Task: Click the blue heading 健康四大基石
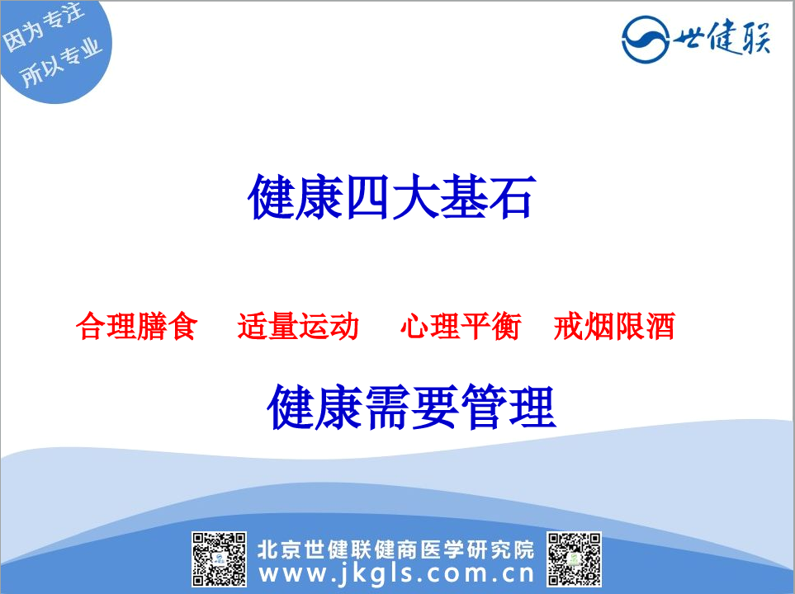click(x=391, y=197)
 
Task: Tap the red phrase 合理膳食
click(x=136, y=326)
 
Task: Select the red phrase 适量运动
click(x=298, y=326)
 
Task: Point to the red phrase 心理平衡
click(x=461, y=326)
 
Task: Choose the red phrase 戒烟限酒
click(x=614, y=326)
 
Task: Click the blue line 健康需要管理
click(x=411, y=407)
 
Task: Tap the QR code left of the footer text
click(x=219, y=559)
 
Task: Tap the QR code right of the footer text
click(x=574, y=559)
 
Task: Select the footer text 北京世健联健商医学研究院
click(x=396, y=549)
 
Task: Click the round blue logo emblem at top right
click(x=646, y=40)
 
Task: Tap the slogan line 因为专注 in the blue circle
click(x=43, y=28)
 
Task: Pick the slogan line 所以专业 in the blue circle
click(x=61, y=63)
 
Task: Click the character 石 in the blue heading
click(x=512, y=197)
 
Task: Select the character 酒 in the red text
click(x=660, y=326)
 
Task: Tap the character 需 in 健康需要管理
click(x=387, y=407)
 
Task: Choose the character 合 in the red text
click(x=91, y=326)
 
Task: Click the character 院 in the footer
click(x=523, y=549)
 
